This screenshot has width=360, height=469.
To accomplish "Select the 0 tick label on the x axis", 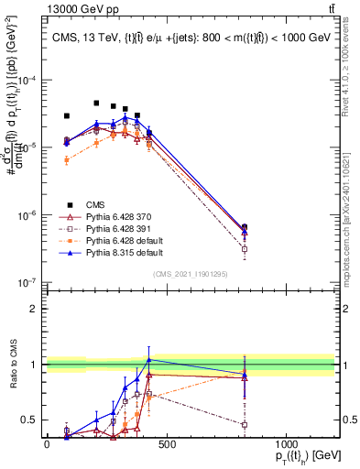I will click(x=47, y=445).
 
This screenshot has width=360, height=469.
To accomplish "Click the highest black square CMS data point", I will click(x=96, y=104).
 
